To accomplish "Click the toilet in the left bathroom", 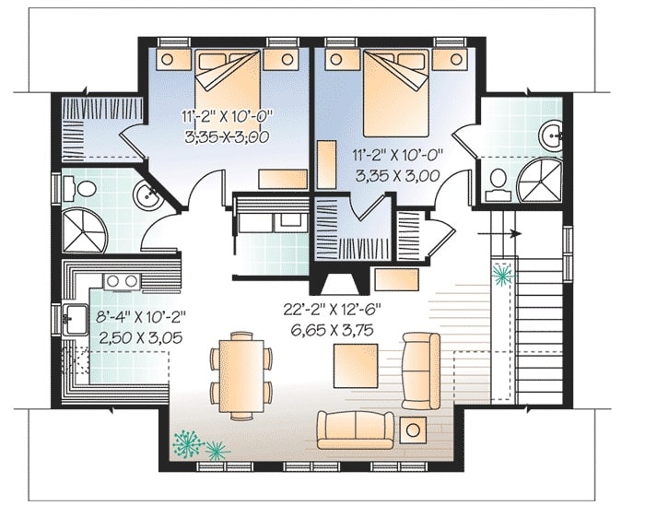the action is (x=81, y=189).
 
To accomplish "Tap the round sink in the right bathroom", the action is (x=551, y=135).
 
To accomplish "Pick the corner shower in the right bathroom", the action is (x=539, y=181).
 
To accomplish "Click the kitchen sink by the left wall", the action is (x=74, y=319).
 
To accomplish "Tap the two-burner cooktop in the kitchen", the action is (x=123, y=281).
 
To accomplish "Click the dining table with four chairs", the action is (x=241, y=376).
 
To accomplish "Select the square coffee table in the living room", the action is (x=356, y=366).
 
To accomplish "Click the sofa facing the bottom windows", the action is (x=356, y=430).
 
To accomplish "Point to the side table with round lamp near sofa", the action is (x=413, y=430).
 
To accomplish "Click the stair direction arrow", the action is (x=499, y=234).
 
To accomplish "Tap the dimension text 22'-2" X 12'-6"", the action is (x=333, y=310).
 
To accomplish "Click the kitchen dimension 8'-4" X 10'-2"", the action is (x=141, y=317).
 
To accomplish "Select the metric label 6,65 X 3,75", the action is (x=333, y=330).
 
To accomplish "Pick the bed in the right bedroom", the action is (x=396, y=93).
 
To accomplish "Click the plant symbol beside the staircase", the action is (x=503, y=276).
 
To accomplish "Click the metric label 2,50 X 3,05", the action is (x=141, y=337).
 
